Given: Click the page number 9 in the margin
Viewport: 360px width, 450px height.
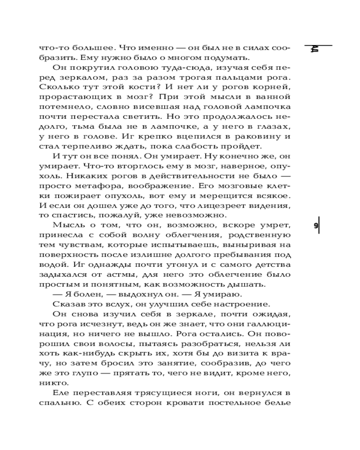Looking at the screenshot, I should tap(315, 226).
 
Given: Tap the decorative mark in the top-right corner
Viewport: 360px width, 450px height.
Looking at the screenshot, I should tap(315, 49).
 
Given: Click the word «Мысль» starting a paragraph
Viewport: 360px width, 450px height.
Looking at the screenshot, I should tap(66, 225).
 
